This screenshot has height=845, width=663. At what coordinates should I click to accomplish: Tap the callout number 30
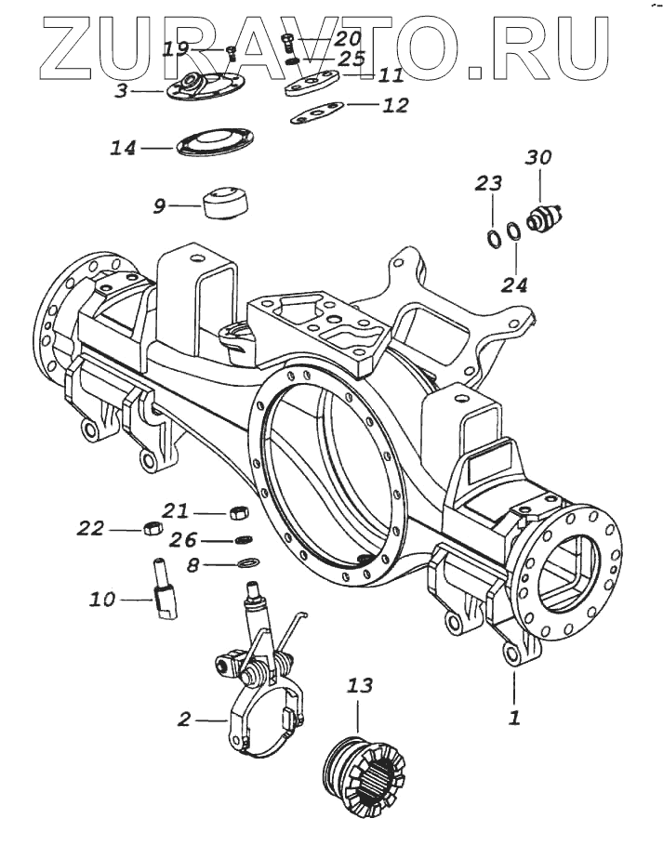[x=537, y=157]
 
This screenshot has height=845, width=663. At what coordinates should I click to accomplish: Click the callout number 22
[x=90, y=528]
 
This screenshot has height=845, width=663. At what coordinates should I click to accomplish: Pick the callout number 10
[x=102, y=600]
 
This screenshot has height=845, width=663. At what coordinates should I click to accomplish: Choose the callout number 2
[x=184, y=719]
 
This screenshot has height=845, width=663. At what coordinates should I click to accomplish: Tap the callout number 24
[x=514, y=284]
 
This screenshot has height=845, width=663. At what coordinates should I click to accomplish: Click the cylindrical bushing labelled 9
[x=227, y=202]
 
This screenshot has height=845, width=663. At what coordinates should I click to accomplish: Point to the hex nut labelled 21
[x=236, y=512]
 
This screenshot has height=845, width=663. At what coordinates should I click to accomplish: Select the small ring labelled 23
[x=493, y=235]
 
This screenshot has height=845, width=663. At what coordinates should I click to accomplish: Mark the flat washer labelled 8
[x=248, y=562]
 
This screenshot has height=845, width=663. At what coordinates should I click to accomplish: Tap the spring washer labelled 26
[x=245, y=540]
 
